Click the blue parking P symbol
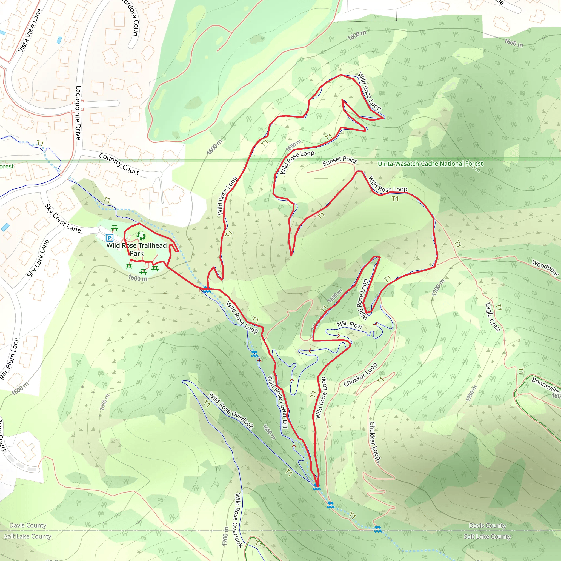pyautogui.click(x=110, y=238)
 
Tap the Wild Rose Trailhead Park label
pyautogui.click(x=136, y=249)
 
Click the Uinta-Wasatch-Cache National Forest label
pyautogui.click(x=430, y=164)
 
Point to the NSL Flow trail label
pyautogui.click(x=349, y=325)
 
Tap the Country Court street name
pyautogui.click(x=119, y=164)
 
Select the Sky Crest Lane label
pyautogui.click(x=62, y=218)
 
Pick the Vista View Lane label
pyautogui.click(x=30, y=30)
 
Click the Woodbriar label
pyautogui.click(x=545, y=268)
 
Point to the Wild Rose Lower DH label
pyautogui.click(x=277, y=402)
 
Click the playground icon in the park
pyautogui.click(x=141, y=236)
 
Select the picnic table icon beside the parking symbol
pyautogui.click(x=115, y=228)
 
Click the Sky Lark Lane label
pyautogui.click(x=38, y=259)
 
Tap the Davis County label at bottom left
pyautogui.click(x=28, y=525)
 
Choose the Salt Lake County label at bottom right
pyautogui.click(x=487, y=536)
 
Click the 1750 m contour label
pyautogui.click(x=471, y=393)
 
